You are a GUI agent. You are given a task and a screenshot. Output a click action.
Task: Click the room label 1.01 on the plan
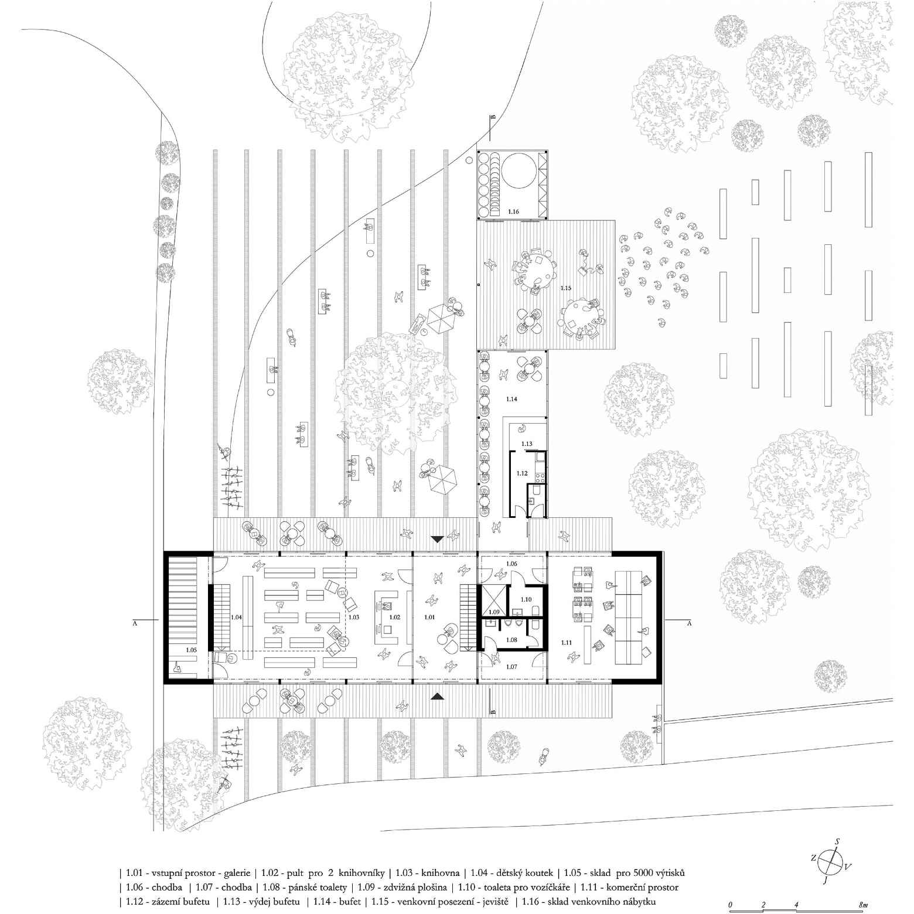tap(430, 617)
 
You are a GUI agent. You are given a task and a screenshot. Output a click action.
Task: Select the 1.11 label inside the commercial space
tap(566, 643)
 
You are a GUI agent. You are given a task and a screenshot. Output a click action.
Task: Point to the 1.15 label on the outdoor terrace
tap(565, 288)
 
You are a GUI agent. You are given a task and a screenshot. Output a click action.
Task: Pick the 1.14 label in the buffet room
tap(511, 398)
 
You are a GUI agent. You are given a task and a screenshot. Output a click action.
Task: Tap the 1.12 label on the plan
tap(521, 472)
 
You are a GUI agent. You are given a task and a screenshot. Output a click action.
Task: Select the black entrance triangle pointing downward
tap(437, 539)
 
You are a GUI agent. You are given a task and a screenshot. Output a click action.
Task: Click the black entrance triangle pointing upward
tap(437, 696)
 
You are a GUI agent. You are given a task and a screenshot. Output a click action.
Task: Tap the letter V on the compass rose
tap(848, 867)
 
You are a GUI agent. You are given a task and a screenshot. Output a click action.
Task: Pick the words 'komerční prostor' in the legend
tap(642, 887)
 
